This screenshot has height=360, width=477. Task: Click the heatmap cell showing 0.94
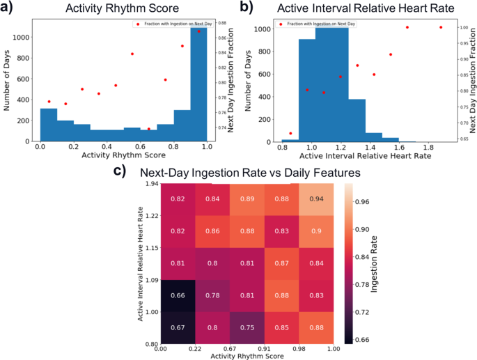point(317,198)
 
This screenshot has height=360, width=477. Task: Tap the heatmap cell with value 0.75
point(247,325)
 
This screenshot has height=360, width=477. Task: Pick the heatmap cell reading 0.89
point(247,198)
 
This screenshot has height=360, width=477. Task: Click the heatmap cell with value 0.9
point(317,230)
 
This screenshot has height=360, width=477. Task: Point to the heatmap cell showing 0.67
point(178,325)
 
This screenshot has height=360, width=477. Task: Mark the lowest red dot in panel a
point(148,129)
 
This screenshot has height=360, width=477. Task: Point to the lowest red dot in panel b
point(290,133)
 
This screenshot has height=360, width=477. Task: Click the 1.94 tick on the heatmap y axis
point(151,184)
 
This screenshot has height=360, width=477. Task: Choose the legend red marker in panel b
point(281,24)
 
